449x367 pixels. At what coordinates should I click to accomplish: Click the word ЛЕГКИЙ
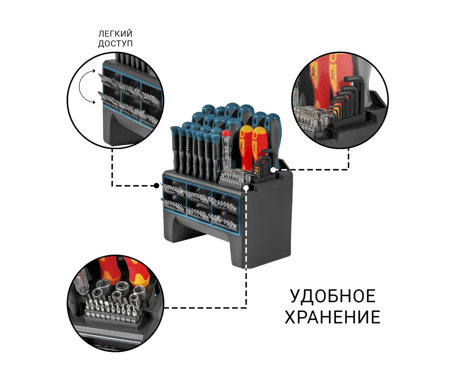[x=115, y=34]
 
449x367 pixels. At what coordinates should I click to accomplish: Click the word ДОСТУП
[x=115, y=43]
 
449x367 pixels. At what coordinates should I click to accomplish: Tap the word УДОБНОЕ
[x=333, y=296]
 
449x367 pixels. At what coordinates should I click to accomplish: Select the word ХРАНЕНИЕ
[x=332, y=317]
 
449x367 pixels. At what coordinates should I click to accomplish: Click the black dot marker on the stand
[x=156, y=186]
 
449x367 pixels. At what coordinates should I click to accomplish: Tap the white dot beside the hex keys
[x=273, y=170]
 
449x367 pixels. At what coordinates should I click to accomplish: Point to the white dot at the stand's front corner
[x=246, y=188]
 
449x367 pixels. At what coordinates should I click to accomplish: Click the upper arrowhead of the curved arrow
[x=94, y=71]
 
